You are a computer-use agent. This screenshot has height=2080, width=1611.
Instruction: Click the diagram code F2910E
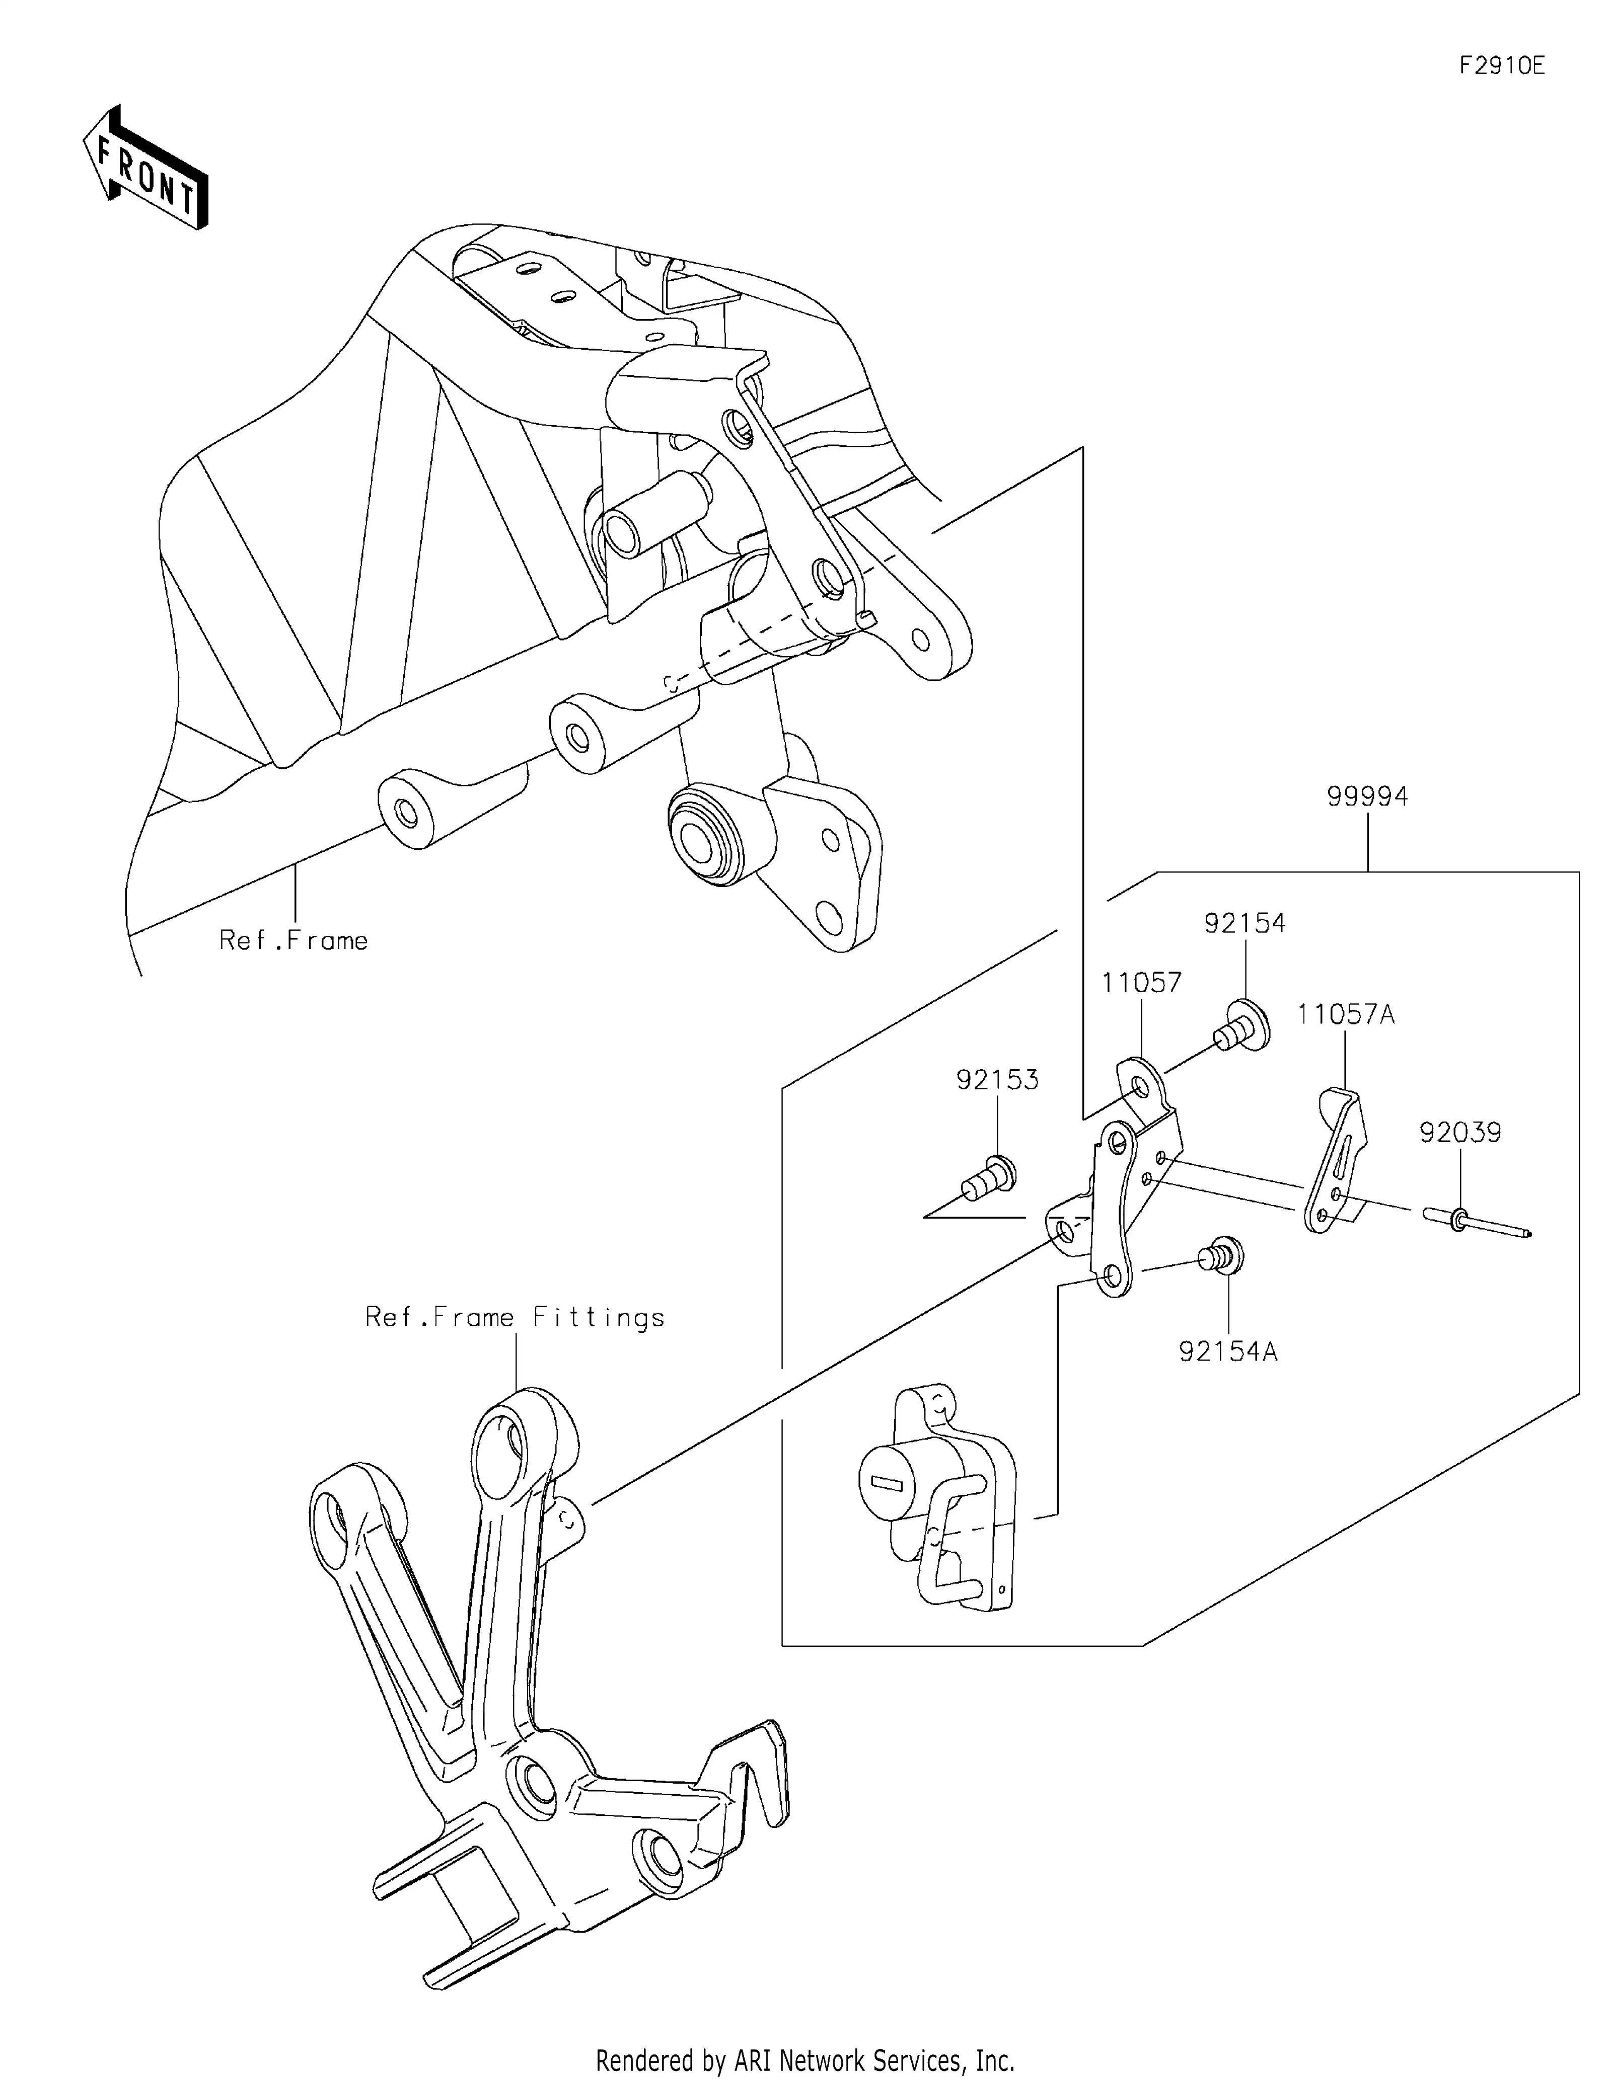point(1501,66)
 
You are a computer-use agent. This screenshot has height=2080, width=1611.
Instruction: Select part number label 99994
point(1367,796)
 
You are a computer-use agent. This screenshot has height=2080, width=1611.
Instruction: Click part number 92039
point(1459,1133)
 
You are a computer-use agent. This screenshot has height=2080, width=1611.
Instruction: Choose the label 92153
point(997,1080)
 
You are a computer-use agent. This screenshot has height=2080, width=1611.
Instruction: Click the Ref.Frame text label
point(294,941)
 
